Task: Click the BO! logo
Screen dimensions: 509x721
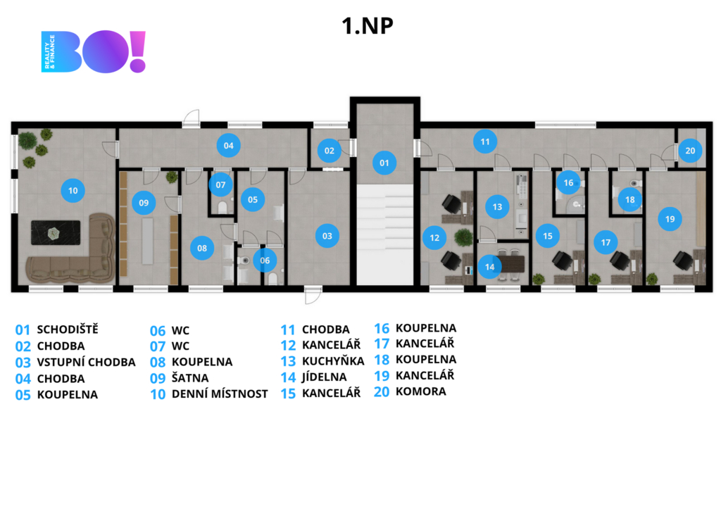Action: click(94, 51)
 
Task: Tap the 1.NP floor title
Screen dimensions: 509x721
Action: click(367, 26)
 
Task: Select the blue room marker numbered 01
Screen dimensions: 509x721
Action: click(384, 163)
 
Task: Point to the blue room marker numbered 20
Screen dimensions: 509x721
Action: click(690, 150)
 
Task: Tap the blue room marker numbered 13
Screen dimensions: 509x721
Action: click(497, 207)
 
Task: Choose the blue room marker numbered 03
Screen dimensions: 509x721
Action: click(327, 236)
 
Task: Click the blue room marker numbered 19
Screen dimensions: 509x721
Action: click(670, 219)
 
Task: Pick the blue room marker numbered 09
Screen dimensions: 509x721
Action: click(144, 203)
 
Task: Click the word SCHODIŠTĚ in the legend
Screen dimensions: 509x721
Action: click(68, 329)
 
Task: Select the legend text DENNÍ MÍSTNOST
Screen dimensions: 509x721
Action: click(220, 394)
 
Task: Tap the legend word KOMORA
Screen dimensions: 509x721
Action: click(420, 391)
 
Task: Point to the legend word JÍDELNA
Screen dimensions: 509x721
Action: click(324, 377)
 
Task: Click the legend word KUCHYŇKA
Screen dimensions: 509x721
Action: click(332, 361)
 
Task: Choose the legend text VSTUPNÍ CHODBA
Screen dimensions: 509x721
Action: click(86, 362)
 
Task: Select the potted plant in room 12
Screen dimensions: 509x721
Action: click(463, 237)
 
